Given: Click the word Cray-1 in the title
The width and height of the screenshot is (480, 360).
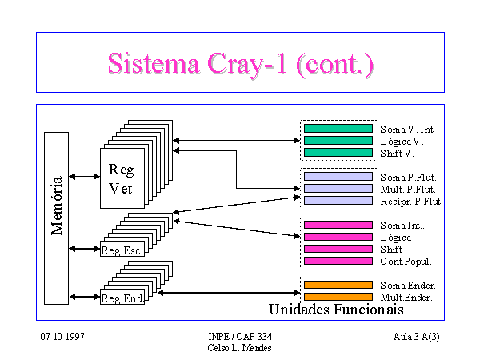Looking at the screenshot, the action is click(x=247, y=64).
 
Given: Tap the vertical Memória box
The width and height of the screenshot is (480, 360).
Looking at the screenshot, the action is click(x=56, y=218).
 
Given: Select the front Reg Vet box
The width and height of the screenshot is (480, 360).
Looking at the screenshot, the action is click(x=122, y=178).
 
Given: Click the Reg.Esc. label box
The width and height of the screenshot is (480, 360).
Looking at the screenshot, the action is click(x=122, y=249).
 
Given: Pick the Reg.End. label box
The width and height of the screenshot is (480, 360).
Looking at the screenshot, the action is click(x=122, y=297).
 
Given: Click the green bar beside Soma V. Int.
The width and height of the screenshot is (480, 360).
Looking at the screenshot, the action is click(x=338, y=129).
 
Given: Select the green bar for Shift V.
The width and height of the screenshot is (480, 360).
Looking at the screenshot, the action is click(x=338, y=153).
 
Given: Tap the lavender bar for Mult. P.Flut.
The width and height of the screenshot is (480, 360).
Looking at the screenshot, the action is click(x=338, y=189).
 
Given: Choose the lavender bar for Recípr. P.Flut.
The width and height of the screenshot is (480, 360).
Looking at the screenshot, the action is click(x=338, y=201).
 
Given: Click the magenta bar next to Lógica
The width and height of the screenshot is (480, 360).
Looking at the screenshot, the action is click(x=338, y=237).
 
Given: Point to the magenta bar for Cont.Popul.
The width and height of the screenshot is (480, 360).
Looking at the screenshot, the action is click(x=338, y=261).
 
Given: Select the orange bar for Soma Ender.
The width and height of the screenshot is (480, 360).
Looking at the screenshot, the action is click(x=338, y=285).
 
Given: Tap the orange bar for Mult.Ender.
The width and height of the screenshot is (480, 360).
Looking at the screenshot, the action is click(x=338, y=297).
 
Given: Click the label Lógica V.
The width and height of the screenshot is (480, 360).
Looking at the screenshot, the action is click(x=402, y=142).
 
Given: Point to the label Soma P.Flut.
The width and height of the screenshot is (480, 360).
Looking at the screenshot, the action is click(x=408, y=178).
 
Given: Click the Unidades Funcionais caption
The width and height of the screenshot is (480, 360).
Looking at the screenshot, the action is click(x=336, y=309).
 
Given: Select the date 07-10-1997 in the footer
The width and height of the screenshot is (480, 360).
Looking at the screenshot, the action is click(x=62, y=337).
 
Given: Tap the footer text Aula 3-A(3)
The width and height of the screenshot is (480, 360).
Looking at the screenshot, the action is click(x=416, y=337).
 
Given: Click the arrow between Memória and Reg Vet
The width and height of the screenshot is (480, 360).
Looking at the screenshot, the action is click(x=85, y=177).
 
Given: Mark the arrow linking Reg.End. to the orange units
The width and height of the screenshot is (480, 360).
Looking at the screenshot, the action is click(x=229, y=293).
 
